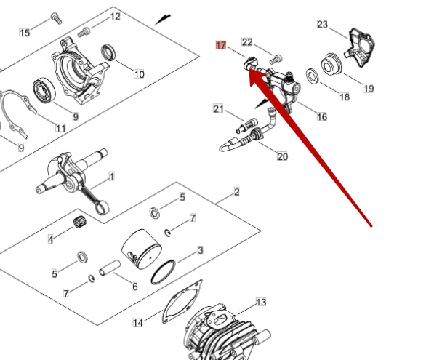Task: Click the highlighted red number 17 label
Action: (221, 45)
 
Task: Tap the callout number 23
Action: (323, 25)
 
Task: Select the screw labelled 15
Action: (56, 18)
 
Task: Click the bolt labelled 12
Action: (84, 33)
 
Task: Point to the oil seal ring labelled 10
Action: (108, 52)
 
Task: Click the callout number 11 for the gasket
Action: (60, 128)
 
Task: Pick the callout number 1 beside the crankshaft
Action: (111, 177)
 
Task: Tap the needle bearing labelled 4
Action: (80, 222)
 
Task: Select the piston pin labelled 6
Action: (110, 268)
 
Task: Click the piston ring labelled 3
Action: (164, 272)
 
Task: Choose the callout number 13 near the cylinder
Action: (261, 303)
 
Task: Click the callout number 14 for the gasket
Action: (138, 322)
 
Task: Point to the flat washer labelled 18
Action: (313, 76)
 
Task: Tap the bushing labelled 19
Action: (331, 64)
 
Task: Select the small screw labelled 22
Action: (276, 60)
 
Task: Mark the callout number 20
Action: (283, 156)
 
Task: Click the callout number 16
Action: (322, 116)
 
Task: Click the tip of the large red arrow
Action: (250, 70)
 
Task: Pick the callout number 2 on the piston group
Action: (237, 192)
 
